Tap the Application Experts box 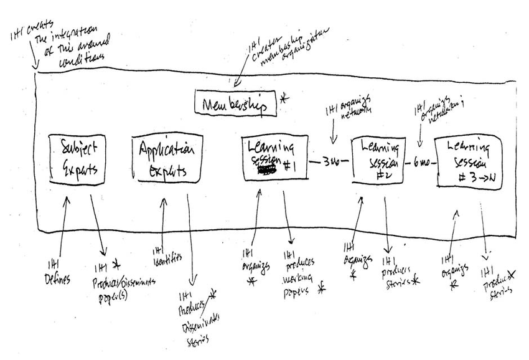167,160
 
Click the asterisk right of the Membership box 285,98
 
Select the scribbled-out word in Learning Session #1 267,168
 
